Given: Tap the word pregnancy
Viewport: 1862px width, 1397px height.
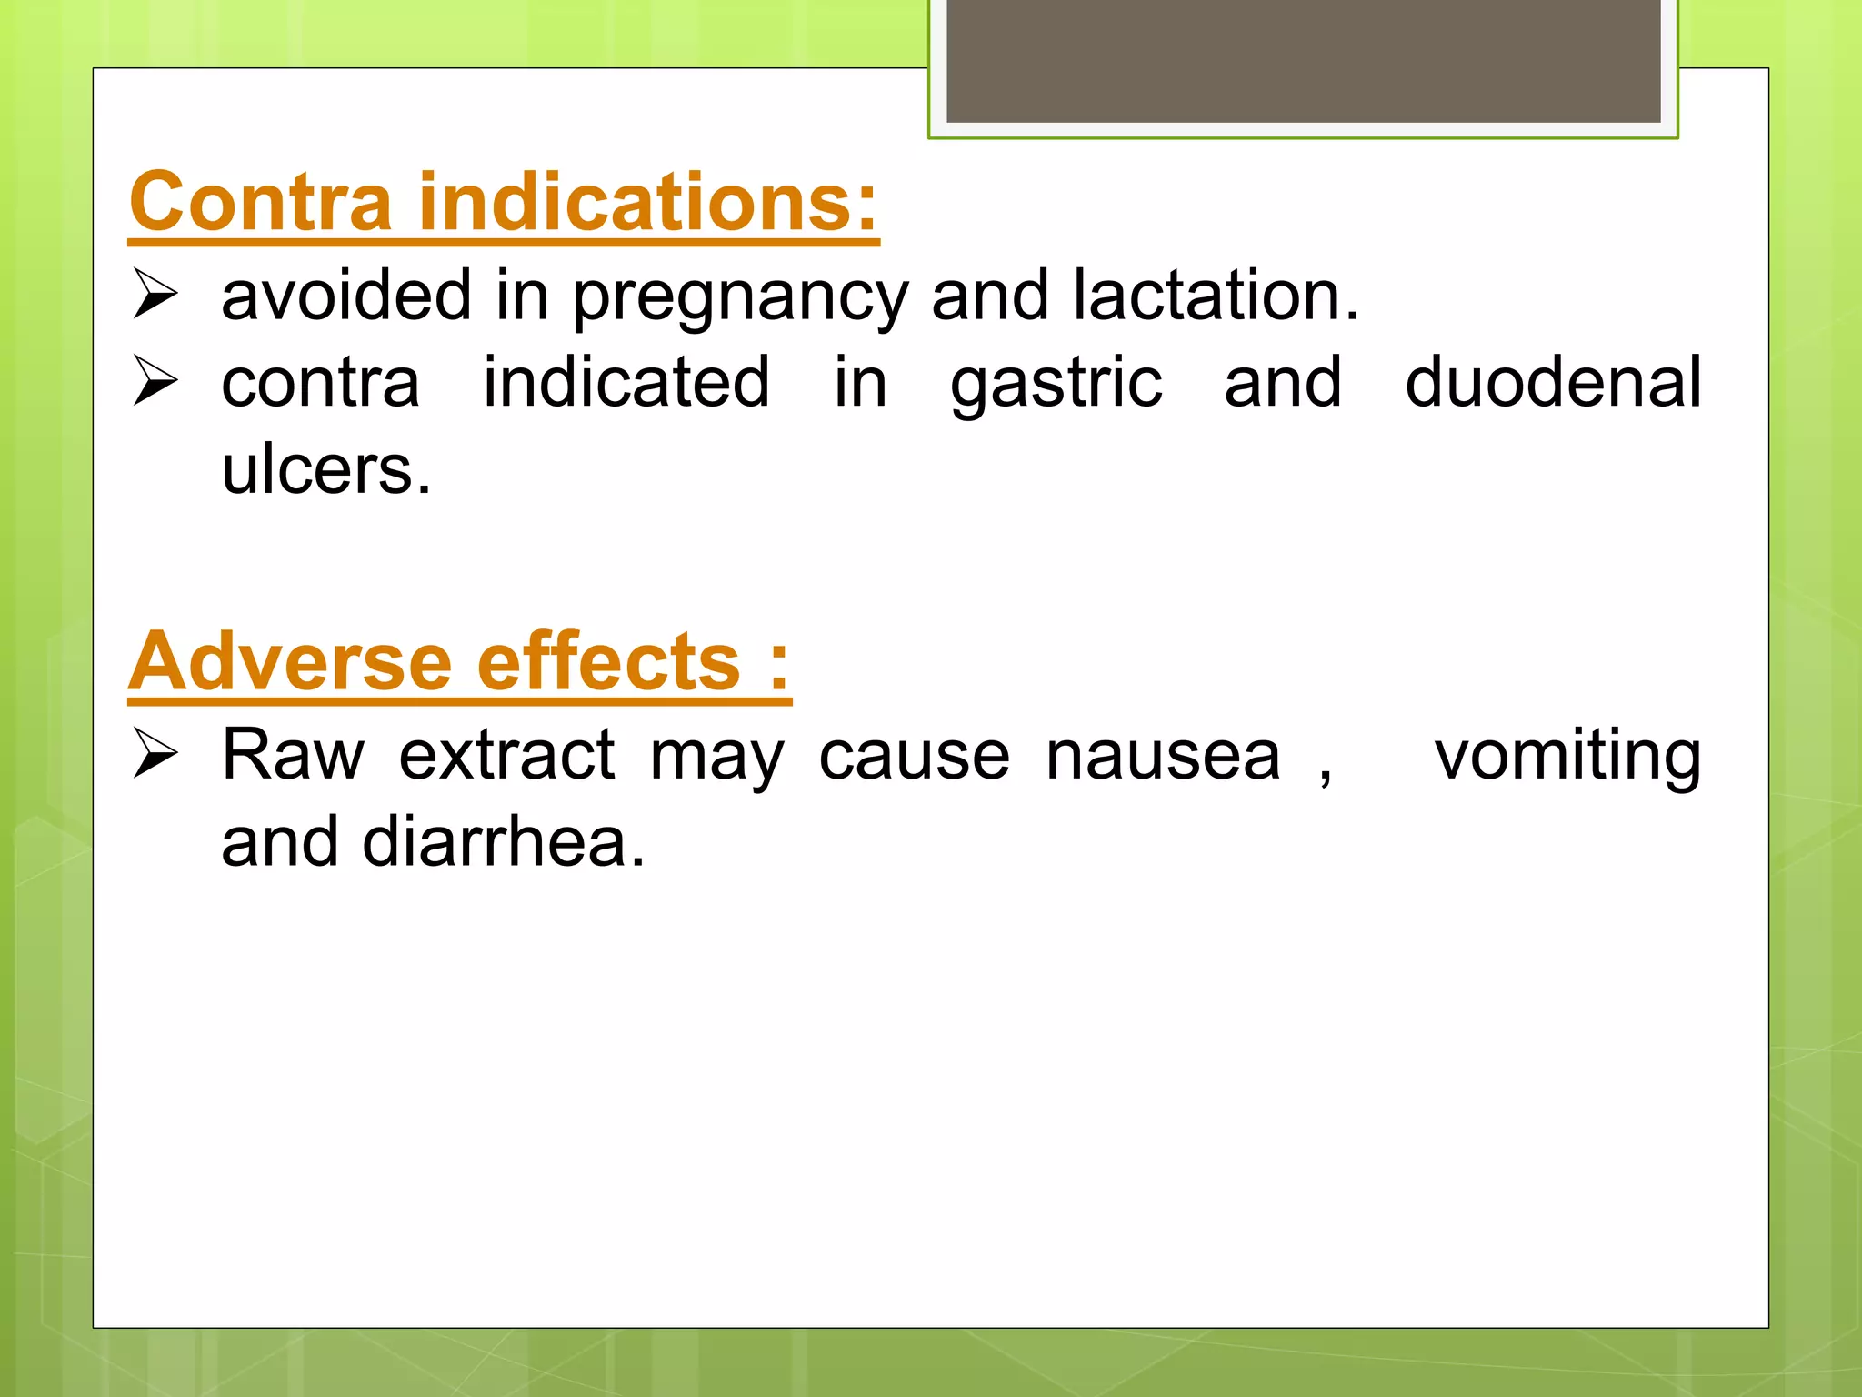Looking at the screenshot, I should tap(739, 298).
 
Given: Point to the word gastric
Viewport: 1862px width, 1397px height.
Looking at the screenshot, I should tap(1056, 385).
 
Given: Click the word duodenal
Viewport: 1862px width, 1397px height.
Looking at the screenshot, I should tap(1552, 383).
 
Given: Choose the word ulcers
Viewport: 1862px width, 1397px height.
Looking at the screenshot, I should tap(325, 470).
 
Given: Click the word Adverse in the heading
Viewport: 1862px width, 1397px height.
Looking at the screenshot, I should tap(289, 662).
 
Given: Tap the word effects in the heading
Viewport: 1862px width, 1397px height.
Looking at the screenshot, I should tap(608, 662).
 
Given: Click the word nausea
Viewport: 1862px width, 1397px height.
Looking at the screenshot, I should tap(1163, 757).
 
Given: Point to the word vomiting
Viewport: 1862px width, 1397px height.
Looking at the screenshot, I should tap(1567, 757).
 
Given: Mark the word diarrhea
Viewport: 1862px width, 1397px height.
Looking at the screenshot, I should tap(503, 842).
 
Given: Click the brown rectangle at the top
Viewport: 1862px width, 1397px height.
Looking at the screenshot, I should tap(1303, 61).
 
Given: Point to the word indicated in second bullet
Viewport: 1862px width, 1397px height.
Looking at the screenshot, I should tap(626, 383).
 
